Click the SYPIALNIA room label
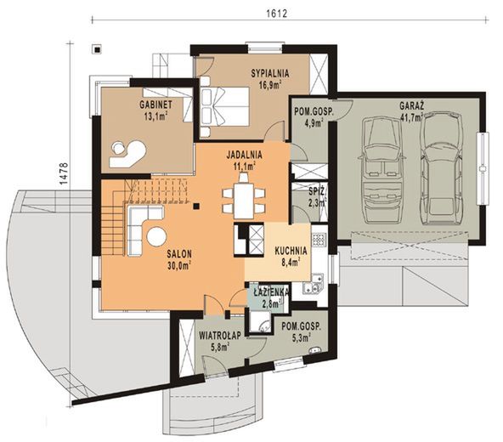click(x=270, y=73)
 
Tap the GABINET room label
click(x=155, y=105)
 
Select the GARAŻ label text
click(x=412, y=105)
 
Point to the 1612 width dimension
click(x=276, y=14)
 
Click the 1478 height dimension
click(x=64, y=173)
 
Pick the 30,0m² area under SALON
click(x=179, y=265)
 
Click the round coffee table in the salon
click(x=156, y=236)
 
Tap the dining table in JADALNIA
click(x=244, y=201)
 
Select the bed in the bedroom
click(x=224, y=106)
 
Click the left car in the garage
click(x=381, y=171)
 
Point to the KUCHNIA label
click(x=291, y=251)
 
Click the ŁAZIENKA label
click(x=271, y=292)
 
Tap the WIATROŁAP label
click(x=220, y=336)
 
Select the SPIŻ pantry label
click(x=317, y=191)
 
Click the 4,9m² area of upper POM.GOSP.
click(x=314, y=123)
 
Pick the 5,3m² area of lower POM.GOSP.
click(x=301, y=337)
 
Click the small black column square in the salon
click(x=196, y=207)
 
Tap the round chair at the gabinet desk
click(x=119, y=148)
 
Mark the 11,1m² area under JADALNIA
click(x=245, y=166)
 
